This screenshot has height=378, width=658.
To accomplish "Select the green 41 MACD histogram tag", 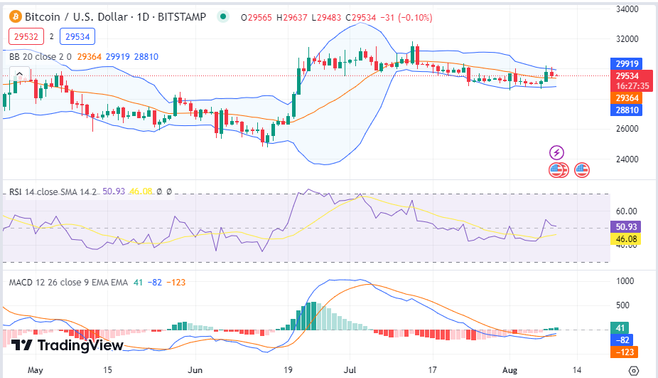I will click(x=620, y=328).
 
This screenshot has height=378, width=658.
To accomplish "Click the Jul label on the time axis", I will click(x=350, y=370).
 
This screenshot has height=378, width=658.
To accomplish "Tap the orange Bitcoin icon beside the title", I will click(x=14, y=17).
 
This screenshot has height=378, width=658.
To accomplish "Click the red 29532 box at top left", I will click(x=26, y=36).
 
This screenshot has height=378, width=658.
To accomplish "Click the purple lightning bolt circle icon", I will click(x=557, y=152).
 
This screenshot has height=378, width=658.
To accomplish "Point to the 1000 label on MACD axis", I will click(x=626, y=280).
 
